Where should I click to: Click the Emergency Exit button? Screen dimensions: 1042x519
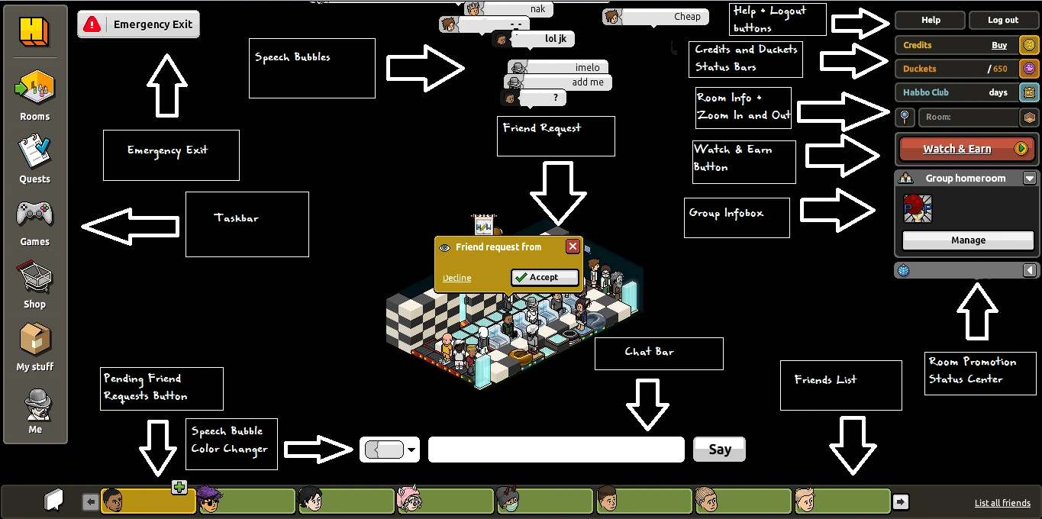pos(138,24)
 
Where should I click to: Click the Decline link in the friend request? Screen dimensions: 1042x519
pos(456,278)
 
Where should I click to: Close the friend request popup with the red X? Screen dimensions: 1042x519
pos(573,247)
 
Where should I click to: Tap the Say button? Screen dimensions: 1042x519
pos(719,450)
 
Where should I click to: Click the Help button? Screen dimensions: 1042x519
pos(931,21)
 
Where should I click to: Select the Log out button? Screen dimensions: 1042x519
pos(1003,21)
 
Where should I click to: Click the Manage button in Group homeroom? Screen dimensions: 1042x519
pos(968,240)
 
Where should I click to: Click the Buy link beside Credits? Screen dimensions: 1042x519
pos(999,46)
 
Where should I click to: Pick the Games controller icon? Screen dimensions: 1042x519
pos(34,214)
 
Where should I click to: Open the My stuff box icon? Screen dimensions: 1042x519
pos(34,340)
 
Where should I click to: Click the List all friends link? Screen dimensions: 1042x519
pos(1002,503)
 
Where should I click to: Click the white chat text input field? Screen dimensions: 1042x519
pos(556,450)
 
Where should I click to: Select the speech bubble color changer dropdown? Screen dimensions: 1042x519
pos(390,450)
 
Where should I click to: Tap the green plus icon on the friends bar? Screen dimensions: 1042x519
pos(179,487)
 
